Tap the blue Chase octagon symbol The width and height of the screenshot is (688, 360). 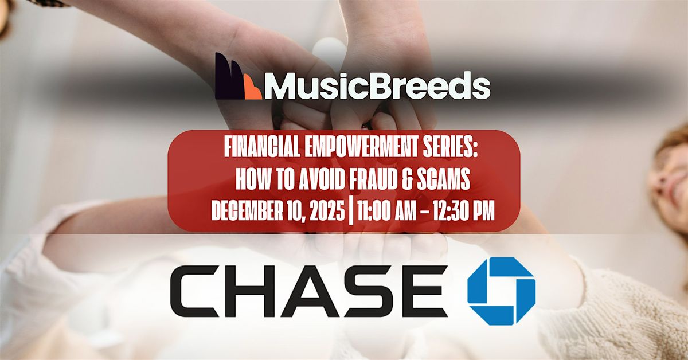tap(501, 291)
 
